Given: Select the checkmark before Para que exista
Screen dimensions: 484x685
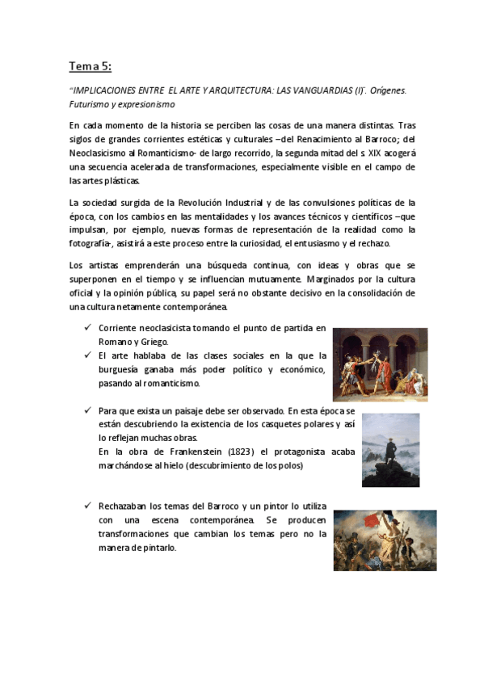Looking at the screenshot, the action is (87, 411).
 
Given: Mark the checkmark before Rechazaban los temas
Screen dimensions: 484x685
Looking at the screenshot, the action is (87, 506).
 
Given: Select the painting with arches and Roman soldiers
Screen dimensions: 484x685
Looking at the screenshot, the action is (380, 364).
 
